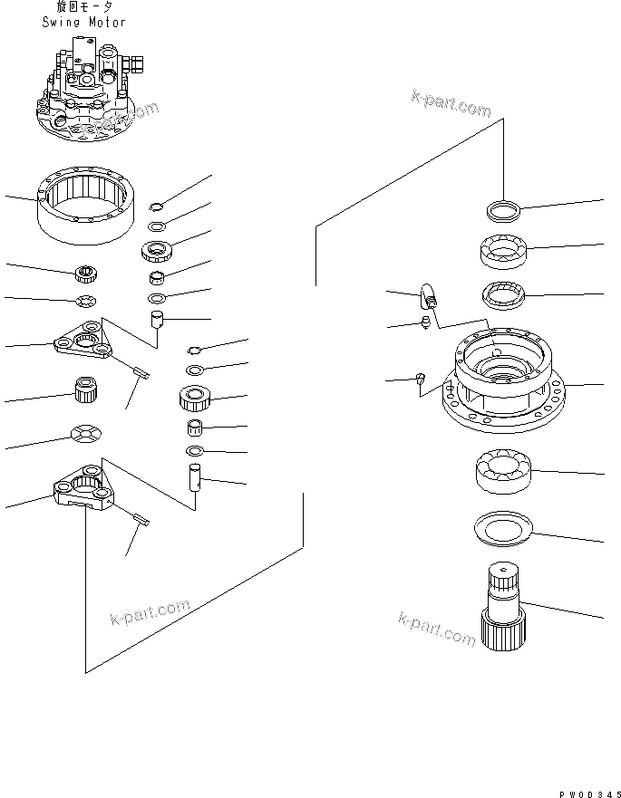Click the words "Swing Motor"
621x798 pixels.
click(x=83, y=22)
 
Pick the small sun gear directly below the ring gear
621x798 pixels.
click(x=87, y=272)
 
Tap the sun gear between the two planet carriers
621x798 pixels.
click(x=85, y=392)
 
